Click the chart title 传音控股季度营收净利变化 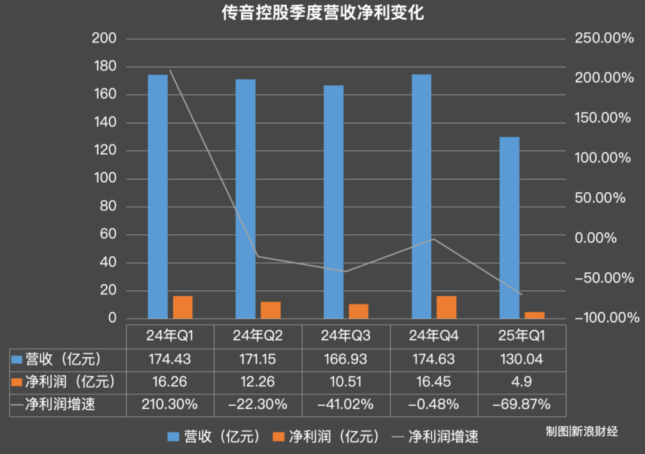(322, 13)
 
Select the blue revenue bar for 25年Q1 (509, 227)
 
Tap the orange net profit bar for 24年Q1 (183, 307)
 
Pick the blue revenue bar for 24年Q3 (333, 201)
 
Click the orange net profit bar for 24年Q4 (446, 307)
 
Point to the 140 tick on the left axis (105, 123)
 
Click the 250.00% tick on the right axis (603, 39)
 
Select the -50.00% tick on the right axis (603, 278)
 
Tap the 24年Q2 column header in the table (258, 336)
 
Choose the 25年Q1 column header (522, 336)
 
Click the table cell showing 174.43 (170, 359)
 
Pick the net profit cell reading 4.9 (522, 381)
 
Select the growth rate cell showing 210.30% (170, 404)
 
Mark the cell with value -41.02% (346, 404)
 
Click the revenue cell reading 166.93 (346, 359)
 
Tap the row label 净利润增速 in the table (60, 404)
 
